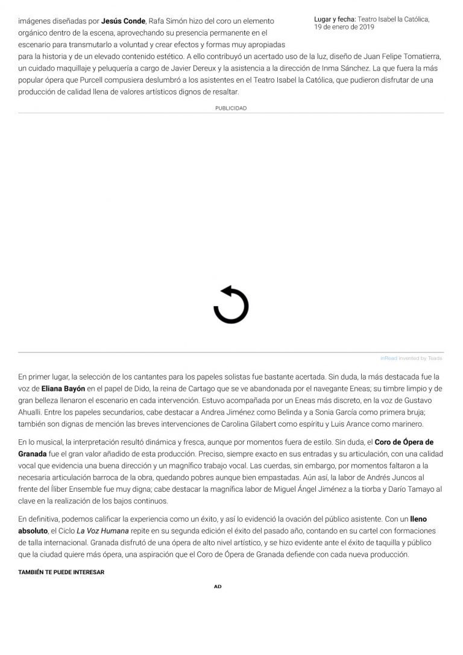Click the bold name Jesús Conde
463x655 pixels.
coord(123,21)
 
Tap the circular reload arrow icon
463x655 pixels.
coord(231,306)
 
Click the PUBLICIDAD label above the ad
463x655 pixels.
coord(231,108)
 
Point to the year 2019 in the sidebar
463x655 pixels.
coord(364,28)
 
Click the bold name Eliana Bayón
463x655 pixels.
coord(64,389)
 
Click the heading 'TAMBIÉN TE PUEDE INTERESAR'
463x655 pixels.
coord(61,572)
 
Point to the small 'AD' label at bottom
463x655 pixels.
coord(218,586)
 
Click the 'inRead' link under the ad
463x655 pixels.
coord(389,358)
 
